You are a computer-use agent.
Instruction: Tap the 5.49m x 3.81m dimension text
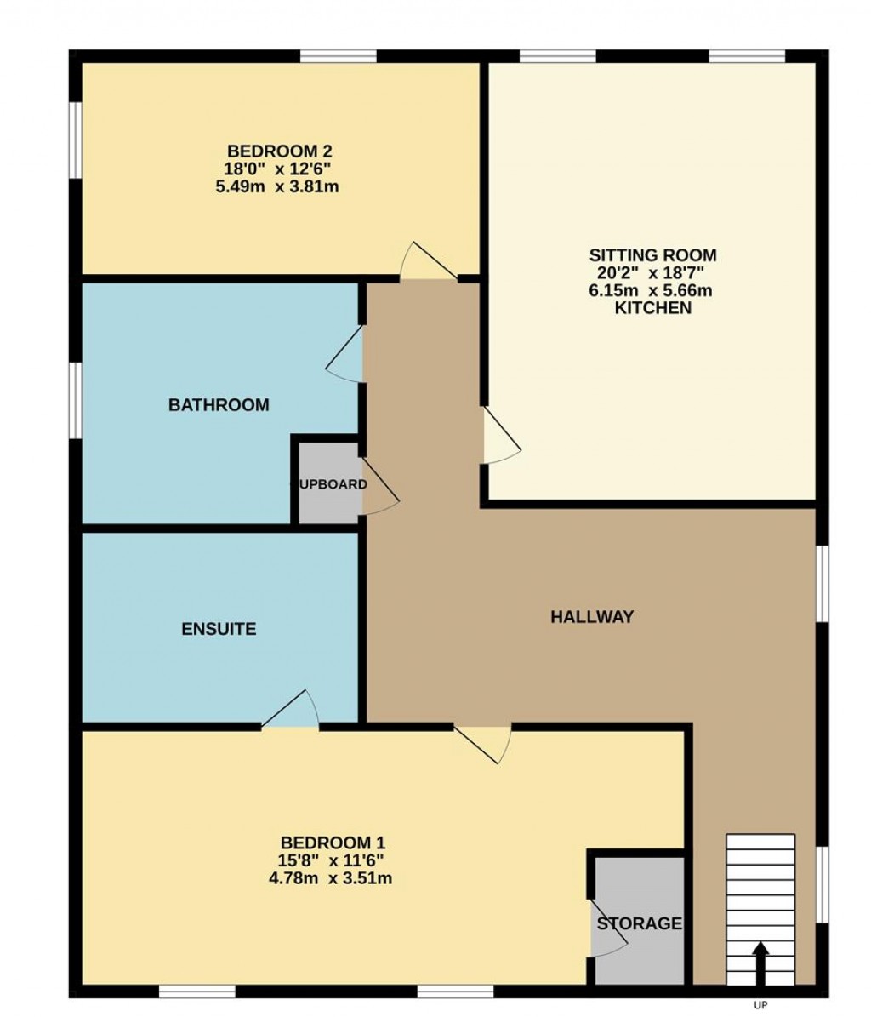277,186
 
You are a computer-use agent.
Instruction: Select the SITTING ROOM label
652,255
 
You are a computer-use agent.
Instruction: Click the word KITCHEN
652,308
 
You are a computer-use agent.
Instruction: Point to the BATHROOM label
219,405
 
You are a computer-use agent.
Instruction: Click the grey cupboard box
328,483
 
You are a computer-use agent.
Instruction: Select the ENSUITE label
219,630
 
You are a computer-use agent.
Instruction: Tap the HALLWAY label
592,617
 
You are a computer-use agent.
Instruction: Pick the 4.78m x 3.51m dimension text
329,878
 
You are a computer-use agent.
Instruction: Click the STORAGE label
639,923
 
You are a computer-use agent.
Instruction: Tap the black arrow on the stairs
760,962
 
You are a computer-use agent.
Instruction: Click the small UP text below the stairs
760,1005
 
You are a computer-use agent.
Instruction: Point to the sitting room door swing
499,437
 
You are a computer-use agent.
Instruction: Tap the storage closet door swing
607,926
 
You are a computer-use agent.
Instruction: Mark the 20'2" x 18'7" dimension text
652,273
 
